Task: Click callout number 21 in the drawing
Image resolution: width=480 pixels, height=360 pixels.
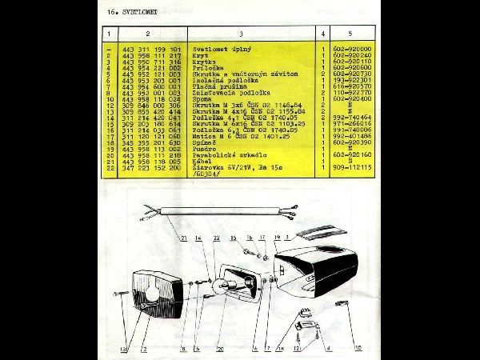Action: (x=184, y=238)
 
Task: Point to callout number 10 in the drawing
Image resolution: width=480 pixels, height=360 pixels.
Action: (x=358, y=347)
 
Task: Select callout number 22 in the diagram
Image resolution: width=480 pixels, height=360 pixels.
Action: (x=216, y=238)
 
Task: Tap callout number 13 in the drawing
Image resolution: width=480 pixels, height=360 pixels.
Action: (x=124, y=350)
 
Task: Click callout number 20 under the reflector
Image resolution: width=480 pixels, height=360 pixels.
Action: (x=221, y=349)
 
